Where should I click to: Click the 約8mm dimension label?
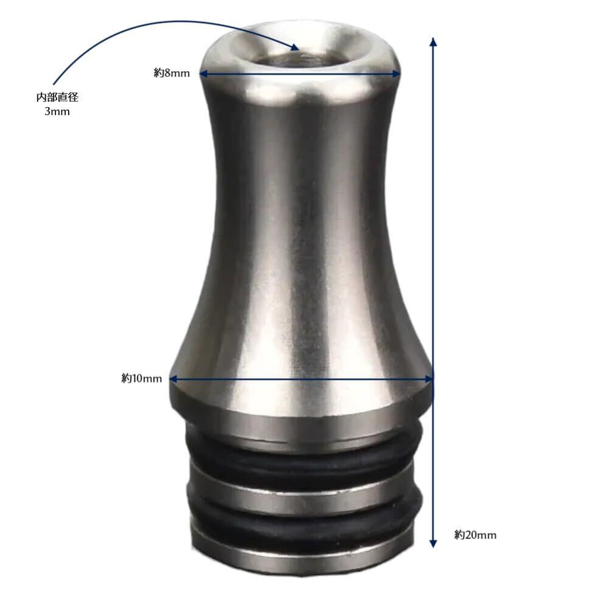click(172, 73)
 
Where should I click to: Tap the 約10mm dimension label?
click(142, 378)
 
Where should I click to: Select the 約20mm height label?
click(475, 534)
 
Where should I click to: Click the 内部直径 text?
click(57, 97)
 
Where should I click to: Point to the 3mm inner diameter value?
click(57, 112)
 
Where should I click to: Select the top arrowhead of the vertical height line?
click(434, 42)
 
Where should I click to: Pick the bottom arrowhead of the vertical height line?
click(434, 543)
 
